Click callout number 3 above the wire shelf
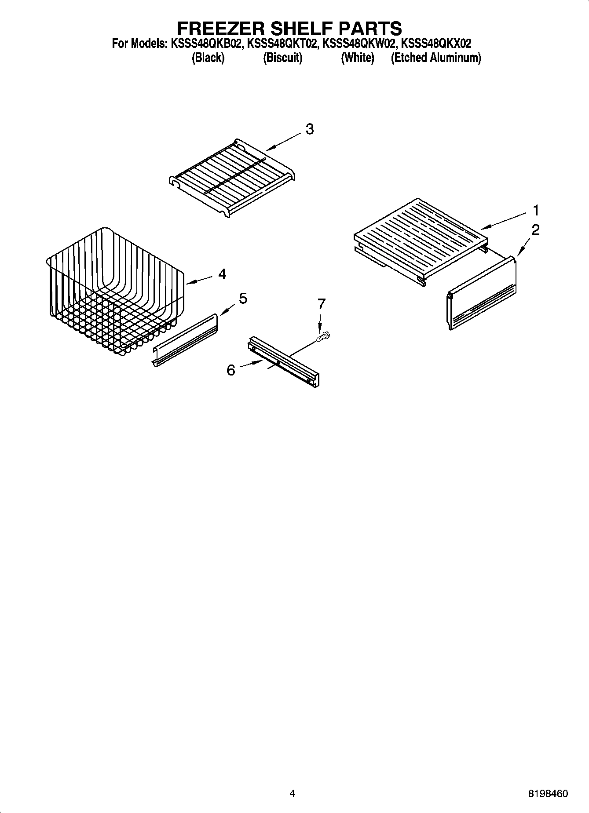click(310, 129)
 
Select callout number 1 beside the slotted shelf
click(536, 211)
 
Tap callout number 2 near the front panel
click(535, 230)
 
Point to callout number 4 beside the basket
click(222, 274)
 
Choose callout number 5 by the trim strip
click(243, 299)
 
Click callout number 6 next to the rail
click(231, 370)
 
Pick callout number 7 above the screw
click(322, 304)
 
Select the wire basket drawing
click(114, 290)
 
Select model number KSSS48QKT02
click(282, 44)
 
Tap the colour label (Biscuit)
click(282, 58)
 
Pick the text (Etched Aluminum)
click(435, 58)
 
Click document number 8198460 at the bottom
click(548, 794)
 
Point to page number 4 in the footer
click(292, 794)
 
